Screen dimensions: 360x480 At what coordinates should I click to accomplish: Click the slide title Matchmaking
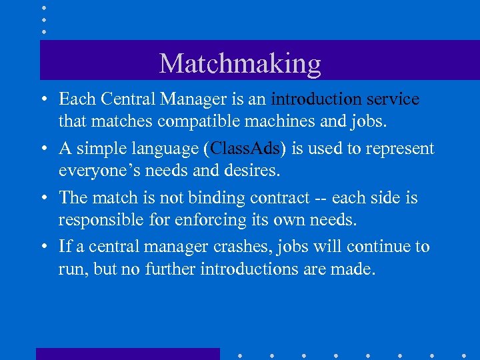240,63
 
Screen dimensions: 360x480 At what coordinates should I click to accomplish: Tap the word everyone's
99,171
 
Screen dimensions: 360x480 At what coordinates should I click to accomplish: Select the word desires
257,171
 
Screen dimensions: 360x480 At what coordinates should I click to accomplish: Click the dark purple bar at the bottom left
127,353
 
